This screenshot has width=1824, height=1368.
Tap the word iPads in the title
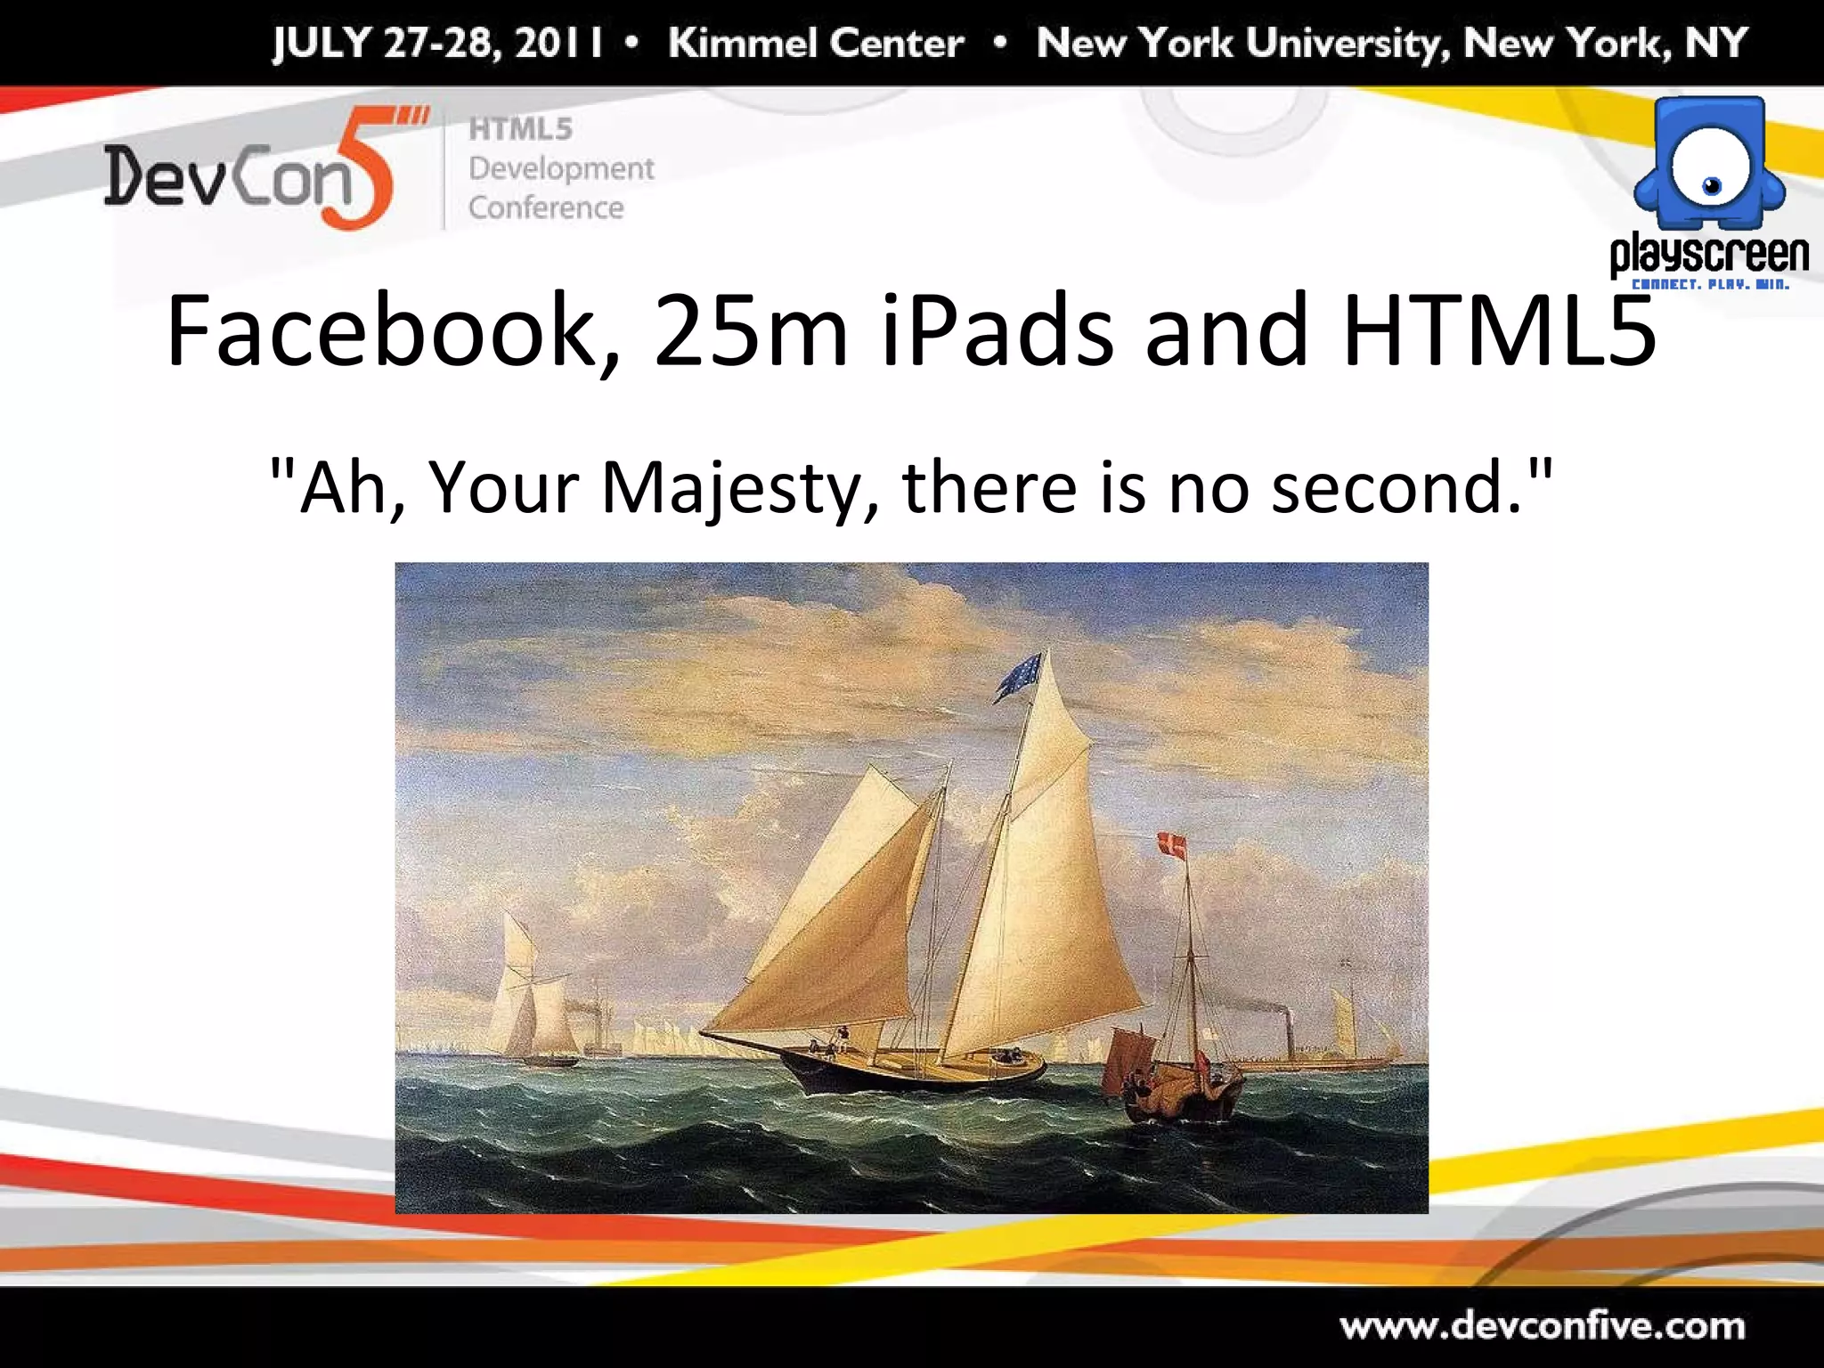point(996,331)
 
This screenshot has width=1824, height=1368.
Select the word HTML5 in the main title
point(1500,331)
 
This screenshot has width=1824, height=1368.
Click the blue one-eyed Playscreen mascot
point(1709,164)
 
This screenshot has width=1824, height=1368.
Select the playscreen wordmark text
point(1709,255)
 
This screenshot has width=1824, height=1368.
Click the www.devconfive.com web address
point(1543,1327)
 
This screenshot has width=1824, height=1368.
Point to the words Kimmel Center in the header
point(816,43)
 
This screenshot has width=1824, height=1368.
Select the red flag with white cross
point(1172,846)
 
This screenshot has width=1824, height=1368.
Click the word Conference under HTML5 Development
point(546,208)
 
